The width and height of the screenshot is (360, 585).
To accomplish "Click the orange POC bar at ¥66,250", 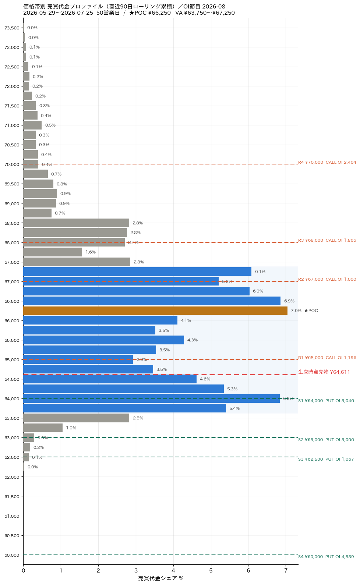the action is tap(155, 311).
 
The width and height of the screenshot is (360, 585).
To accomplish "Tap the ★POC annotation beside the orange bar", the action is tap(311, 311).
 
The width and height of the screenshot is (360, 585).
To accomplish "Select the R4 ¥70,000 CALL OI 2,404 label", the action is tap(327, 162).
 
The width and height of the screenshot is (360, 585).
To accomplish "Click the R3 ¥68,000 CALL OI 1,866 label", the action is tap(327, 240).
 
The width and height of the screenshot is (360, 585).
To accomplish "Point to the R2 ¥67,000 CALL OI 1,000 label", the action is tap(327, 279).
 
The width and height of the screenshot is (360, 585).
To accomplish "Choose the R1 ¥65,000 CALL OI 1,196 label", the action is tap(327, 358).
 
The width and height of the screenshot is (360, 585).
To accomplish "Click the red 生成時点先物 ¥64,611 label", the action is tap(324, 372).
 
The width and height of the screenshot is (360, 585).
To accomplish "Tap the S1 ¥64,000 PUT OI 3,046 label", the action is tap(326, 401).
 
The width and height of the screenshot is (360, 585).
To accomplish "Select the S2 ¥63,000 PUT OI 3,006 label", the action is tap(326, 440).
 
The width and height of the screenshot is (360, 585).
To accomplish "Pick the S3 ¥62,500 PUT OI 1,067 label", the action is tap(326, 459).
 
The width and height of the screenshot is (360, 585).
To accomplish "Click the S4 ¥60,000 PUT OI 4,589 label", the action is tap(326, 557).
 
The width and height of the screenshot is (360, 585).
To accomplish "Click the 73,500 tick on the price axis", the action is tap(12, 28).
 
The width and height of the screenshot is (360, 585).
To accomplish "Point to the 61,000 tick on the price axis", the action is tap(12, 516).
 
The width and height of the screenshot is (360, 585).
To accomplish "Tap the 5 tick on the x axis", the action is tap(211, 571).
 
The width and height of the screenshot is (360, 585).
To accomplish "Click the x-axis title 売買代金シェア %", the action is tap(160, 578).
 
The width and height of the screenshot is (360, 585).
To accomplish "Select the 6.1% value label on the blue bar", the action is tap(260, 272).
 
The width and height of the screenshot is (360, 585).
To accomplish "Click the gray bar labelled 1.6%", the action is tap(53, 252).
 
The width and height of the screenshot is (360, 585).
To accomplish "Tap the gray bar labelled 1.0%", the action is tap(43, 428).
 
